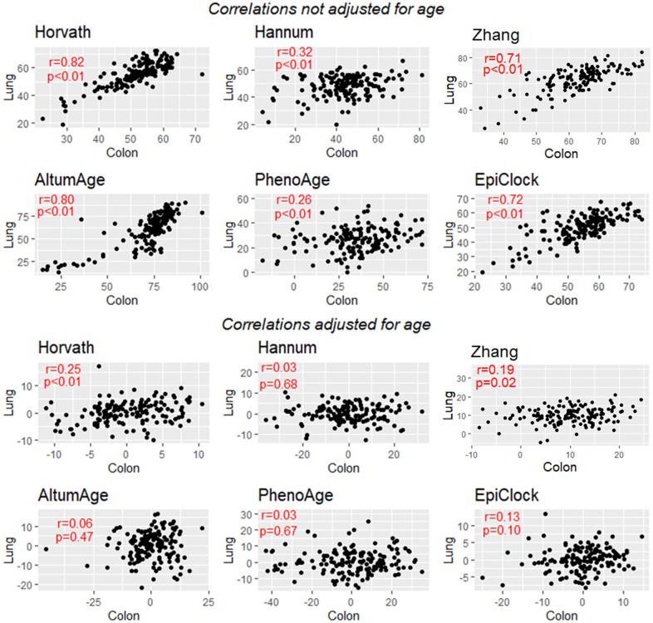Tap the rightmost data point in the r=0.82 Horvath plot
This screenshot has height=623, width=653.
[x=202, y=75]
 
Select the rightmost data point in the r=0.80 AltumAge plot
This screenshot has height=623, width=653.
[x=202, y=213]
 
